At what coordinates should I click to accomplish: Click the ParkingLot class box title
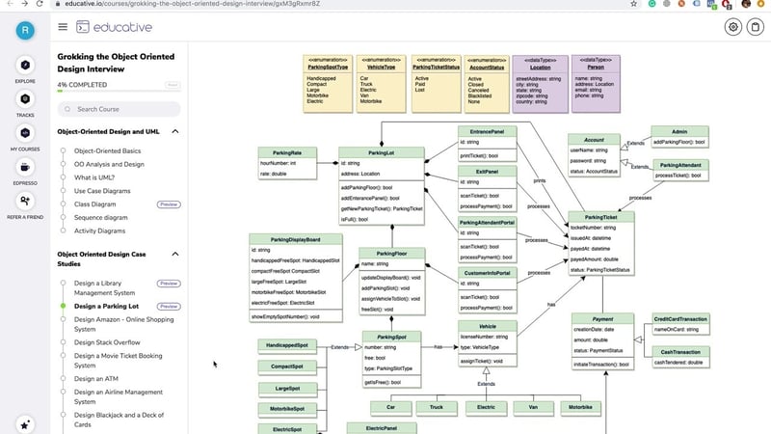click(x=381, y=152)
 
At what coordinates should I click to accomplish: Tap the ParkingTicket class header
click(x=601, y=216)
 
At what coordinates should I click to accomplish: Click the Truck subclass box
click(x=437, y=407)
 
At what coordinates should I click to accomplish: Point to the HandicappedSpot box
click(x=287, y=345)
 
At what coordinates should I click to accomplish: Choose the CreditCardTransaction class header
click(x=680, y=318)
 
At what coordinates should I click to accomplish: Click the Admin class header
click(x=679, y=131)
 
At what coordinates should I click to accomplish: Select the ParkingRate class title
click(x=288, y=152)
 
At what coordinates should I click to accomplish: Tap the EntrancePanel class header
click(x=487, y=131)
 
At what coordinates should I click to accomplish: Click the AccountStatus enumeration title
click(x=485, y=67)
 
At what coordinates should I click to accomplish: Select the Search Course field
click(x=120, y=109)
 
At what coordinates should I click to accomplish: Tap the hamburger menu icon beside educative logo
click(x=63, y=27)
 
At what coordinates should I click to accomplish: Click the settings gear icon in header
click(x=733, y=27)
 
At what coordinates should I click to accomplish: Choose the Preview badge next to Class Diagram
click(x=169, y=204)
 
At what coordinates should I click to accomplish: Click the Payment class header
click(x=601, y=319)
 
